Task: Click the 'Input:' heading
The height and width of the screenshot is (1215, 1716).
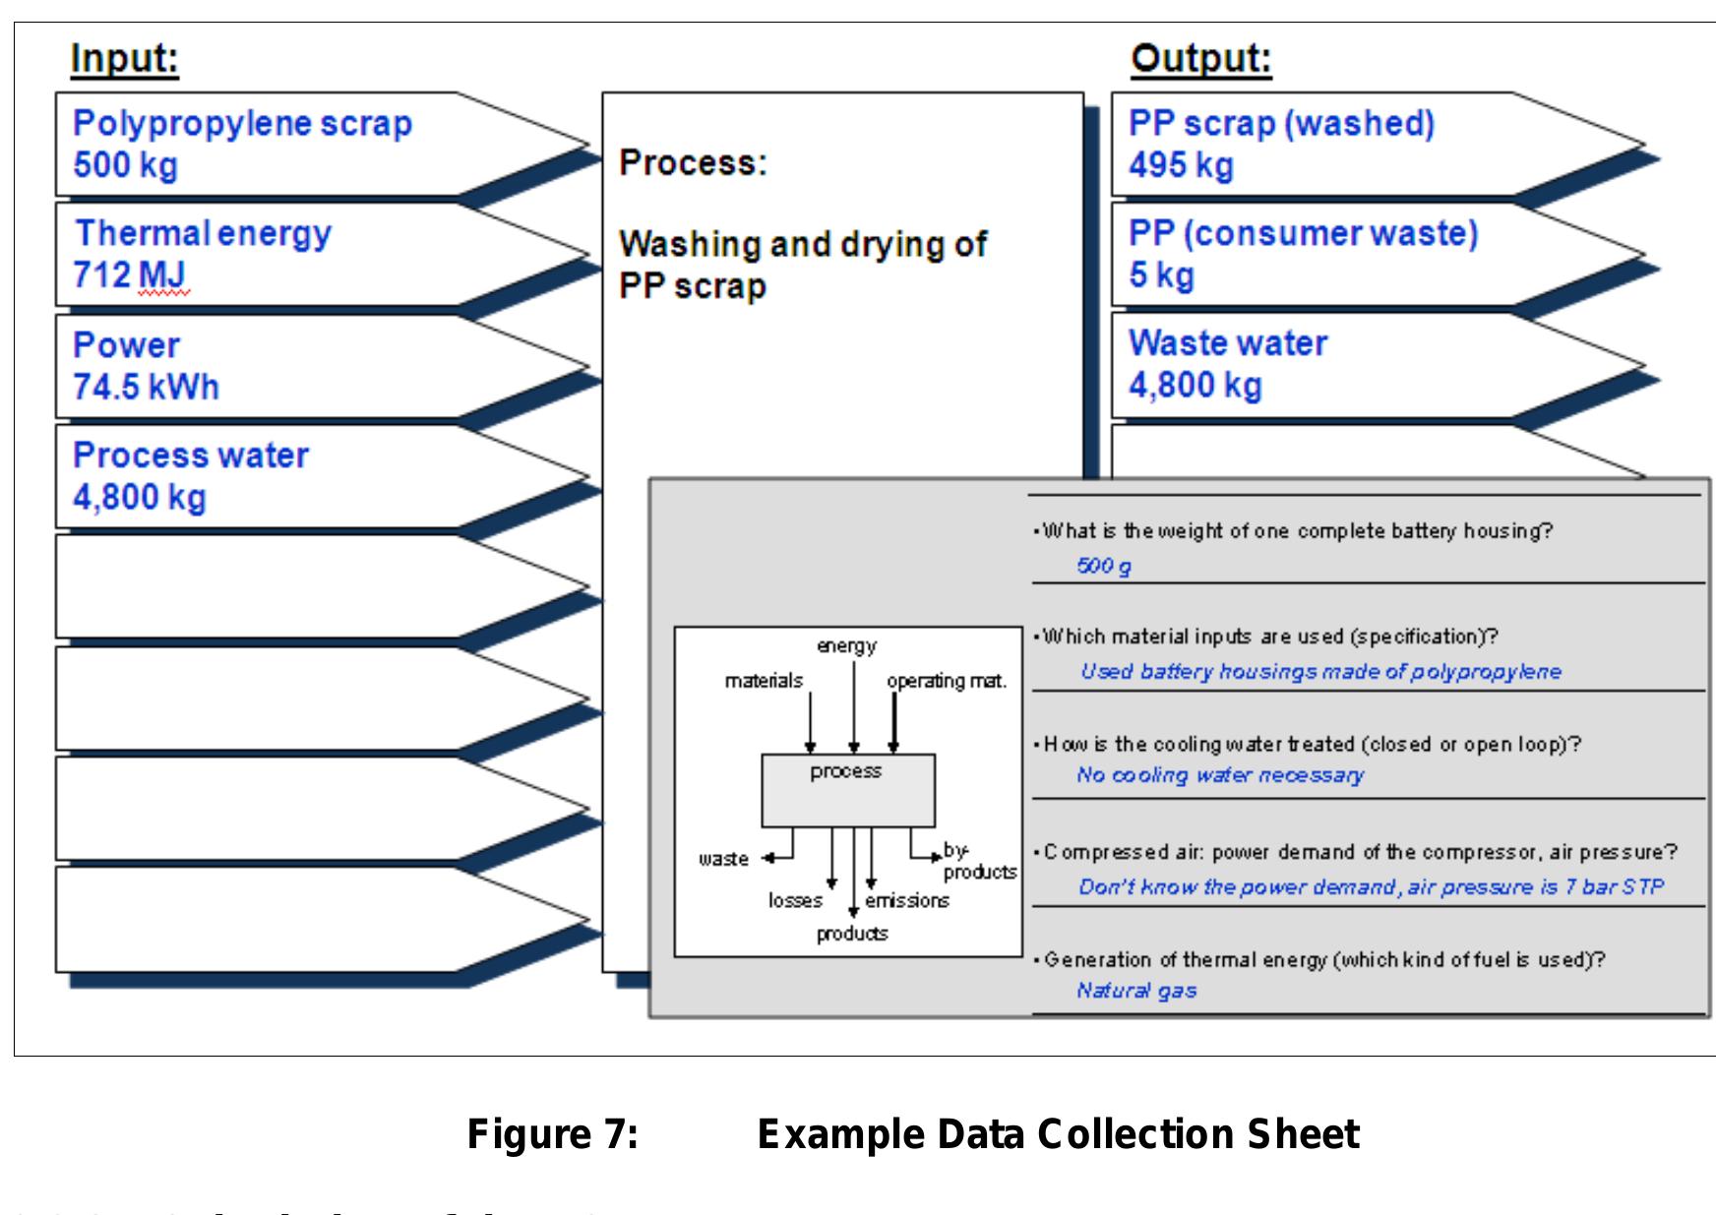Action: (x=124, y=59)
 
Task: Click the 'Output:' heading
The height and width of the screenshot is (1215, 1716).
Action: (x=1200, y=59)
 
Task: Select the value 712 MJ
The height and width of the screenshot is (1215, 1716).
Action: (x=129, y=274)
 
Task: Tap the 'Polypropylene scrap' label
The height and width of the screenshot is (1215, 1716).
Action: (x=242, y=124)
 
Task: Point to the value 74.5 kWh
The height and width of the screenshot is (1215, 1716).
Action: (x=146, y=387)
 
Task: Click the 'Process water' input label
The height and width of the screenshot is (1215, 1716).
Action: (x=190, y=456)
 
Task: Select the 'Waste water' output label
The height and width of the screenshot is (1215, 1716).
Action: (x=1227, y=343)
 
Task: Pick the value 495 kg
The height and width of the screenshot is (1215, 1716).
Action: (x=1180, y=164)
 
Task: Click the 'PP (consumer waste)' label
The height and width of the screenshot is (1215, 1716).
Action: (x=1303, y=233)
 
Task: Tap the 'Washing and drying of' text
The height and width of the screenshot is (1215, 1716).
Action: (x=802, y=244)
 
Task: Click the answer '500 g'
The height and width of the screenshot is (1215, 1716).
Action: (x=1103, y=566)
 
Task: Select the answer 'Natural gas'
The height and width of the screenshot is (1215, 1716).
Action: (x=1135, y=991)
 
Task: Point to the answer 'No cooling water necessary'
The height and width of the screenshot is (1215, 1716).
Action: (x=1219, y=775)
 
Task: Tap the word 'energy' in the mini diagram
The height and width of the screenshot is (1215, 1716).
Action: (x=846, y=646)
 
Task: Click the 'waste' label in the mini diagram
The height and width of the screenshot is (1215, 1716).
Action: (x=723, y=859)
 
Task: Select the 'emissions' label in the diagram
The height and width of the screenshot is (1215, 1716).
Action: (x=906, y=900)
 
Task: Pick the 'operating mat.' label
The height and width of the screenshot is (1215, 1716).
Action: (x=946, y=681)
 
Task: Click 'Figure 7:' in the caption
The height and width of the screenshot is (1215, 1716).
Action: (x=553, y=1134)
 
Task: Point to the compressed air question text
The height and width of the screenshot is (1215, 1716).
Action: (x=1360, y=852)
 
